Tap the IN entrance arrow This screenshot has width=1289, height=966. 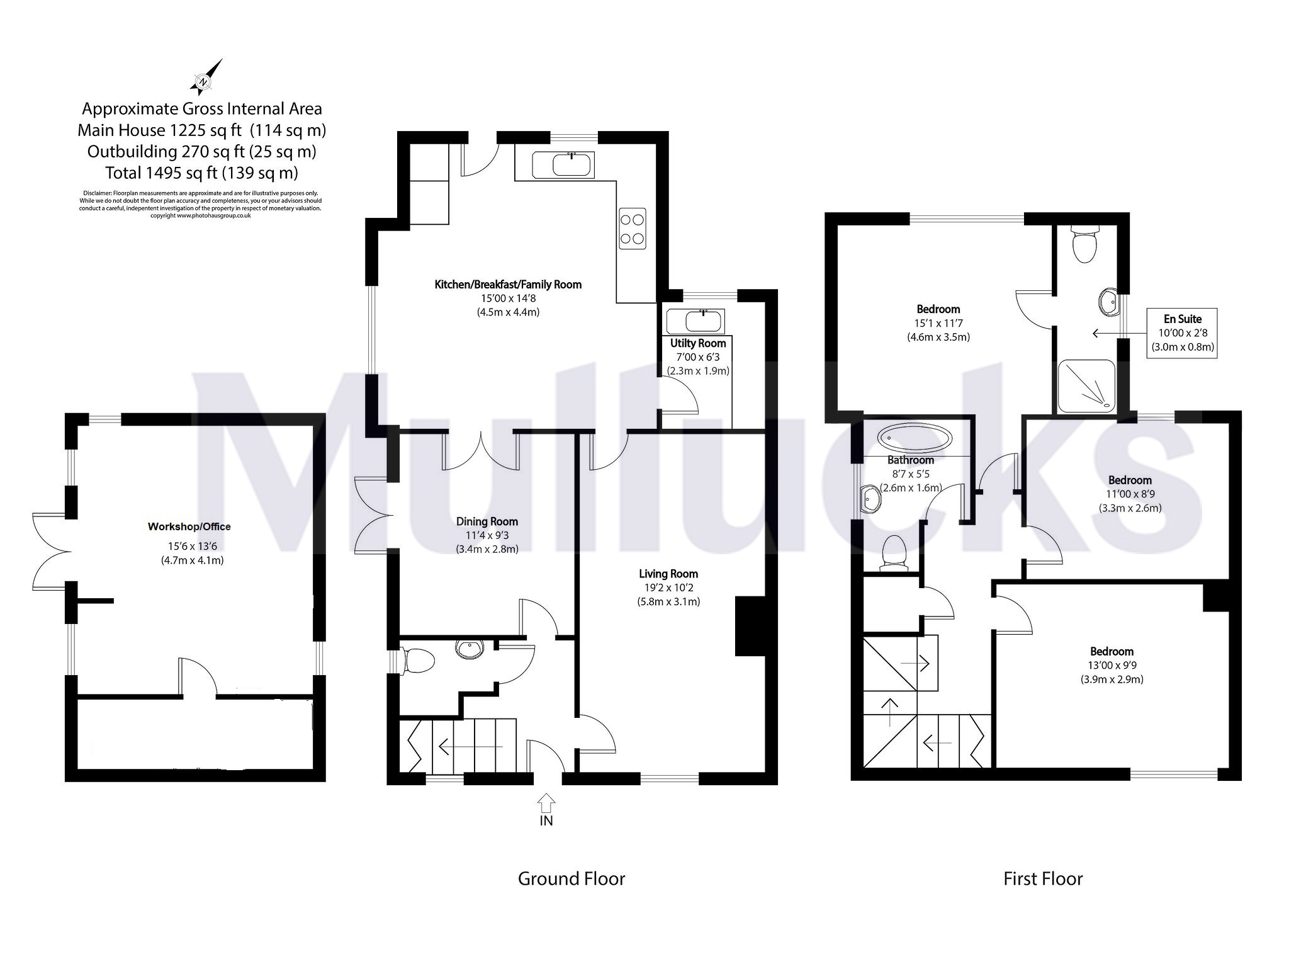click(x=546, y=802)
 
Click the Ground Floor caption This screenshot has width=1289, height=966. click(x=571, y=878)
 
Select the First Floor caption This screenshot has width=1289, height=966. click(x=1043, y=878)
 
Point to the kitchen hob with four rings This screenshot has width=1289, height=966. click(x=633, y=229)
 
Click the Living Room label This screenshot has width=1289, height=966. click(x=668, y=574)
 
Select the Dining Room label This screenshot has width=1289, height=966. click(x=487, y=521)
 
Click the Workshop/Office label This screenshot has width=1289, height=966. click(x=189, y=526)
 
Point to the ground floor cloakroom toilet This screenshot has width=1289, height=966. click(x=419, y=662)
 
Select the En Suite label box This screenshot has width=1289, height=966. click(x=1181, y=333)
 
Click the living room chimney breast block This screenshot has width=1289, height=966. click(x=750, y=627)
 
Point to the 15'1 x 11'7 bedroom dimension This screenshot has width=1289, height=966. click(x=938, y=323)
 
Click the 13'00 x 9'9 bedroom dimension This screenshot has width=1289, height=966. click(x=1112, y=665)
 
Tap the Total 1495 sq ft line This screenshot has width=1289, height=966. click(x=202, y=173)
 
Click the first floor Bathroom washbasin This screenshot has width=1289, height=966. click(x=872, y=497)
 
